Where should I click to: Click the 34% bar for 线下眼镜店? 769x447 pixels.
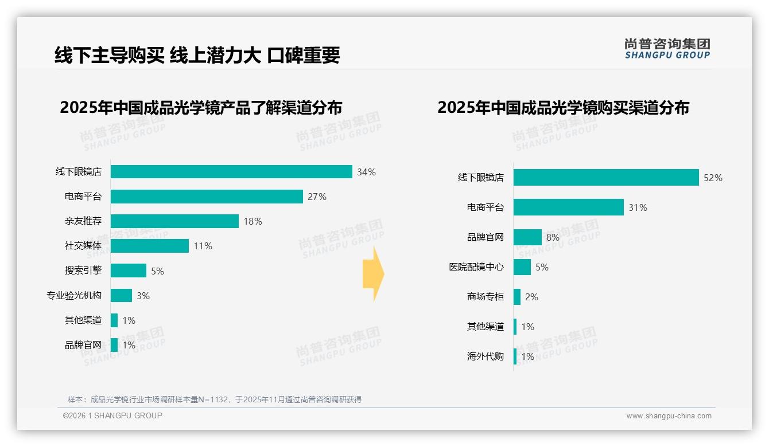pos(231,172)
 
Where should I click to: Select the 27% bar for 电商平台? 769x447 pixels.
pos(207,197)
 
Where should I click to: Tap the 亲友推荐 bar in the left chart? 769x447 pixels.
pos(174,221)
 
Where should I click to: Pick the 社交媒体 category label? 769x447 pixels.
pos(83,246)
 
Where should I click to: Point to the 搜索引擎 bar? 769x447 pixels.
pos(129,270)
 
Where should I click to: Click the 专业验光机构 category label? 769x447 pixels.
pos(74,296)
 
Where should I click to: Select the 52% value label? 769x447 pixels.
pos(713,178)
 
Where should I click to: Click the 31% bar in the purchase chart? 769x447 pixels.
pos(568,207)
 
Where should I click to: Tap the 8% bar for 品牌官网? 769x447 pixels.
pos(527,237)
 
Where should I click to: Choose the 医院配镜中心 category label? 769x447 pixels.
pos(476,267)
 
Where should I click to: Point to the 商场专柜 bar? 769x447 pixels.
pos(517,297)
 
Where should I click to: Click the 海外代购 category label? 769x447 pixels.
pos(486,356)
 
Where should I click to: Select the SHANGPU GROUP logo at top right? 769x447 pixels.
pos(667,49)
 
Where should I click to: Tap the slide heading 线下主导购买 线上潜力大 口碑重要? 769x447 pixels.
pos(197,55)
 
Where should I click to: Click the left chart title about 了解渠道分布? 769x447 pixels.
pos(201,108)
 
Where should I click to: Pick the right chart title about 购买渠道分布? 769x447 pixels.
pos(563,108)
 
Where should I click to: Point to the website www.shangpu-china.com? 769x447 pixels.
pos(669,416)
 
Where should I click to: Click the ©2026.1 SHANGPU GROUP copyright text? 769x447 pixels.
pos(112,415)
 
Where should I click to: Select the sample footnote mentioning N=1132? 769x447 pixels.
pos(215,399)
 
